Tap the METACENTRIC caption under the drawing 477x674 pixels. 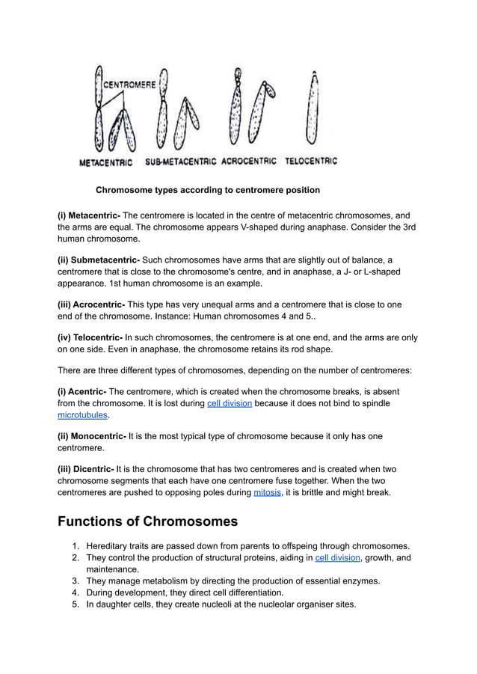[x=106, y=162]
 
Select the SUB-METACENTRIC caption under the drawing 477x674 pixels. [x=180, y=161]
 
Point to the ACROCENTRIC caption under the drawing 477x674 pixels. [x=250, y=161]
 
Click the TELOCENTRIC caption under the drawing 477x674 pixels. [x=311, y=161]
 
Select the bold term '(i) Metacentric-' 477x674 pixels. [x=89, y=216]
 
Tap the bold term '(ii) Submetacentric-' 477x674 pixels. [x=99, y=260]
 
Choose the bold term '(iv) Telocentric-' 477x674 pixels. [x=90, y=337]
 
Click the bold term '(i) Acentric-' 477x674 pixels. [x=82, y=392]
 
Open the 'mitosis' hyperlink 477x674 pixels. [x=267, y=493]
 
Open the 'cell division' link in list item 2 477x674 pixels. [x=337, y=557]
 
